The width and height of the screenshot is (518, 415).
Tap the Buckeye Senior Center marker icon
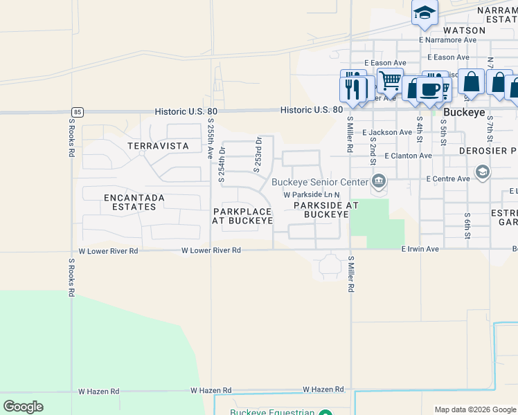[378, 183]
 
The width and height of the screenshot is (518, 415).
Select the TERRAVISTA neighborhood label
[158, 146]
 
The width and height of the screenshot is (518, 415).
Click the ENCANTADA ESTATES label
[134, 202]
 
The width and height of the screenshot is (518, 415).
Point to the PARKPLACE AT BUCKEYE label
[242, 216]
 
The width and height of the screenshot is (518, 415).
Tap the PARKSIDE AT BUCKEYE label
[325, 210]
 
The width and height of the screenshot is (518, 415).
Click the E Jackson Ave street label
[387, 132]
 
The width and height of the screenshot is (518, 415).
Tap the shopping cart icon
[390, 81]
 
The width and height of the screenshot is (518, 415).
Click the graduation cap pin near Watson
[425, 12]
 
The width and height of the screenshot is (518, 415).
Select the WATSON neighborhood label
[465, 30]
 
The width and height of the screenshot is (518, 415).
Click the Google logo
[23, 407]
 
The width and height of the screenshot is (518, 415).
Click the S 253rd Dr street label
[258, 154]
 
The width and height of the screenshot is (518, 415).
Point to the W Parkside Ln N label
[312, 195]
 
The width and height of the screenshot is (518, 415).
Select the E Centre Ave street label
[448, 178]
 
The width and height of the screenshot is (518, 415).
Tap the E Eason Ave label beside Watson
[448, 57]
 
